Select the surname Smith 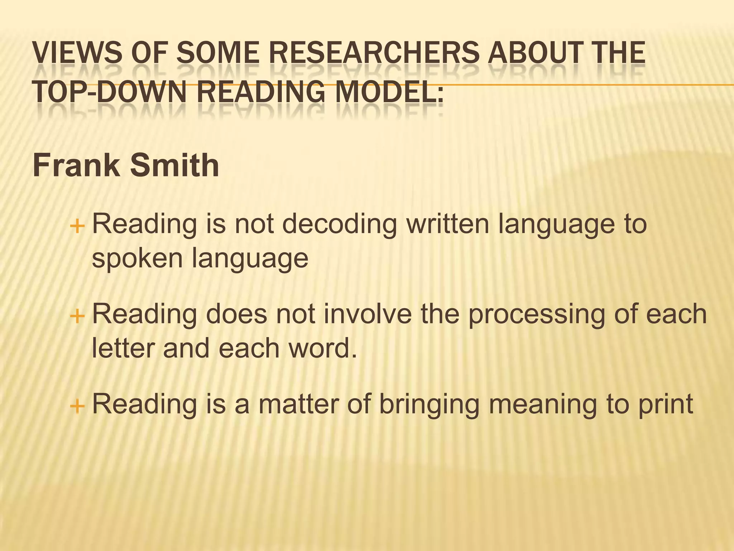174,165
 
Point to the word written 448,223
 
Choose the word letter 123,348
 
